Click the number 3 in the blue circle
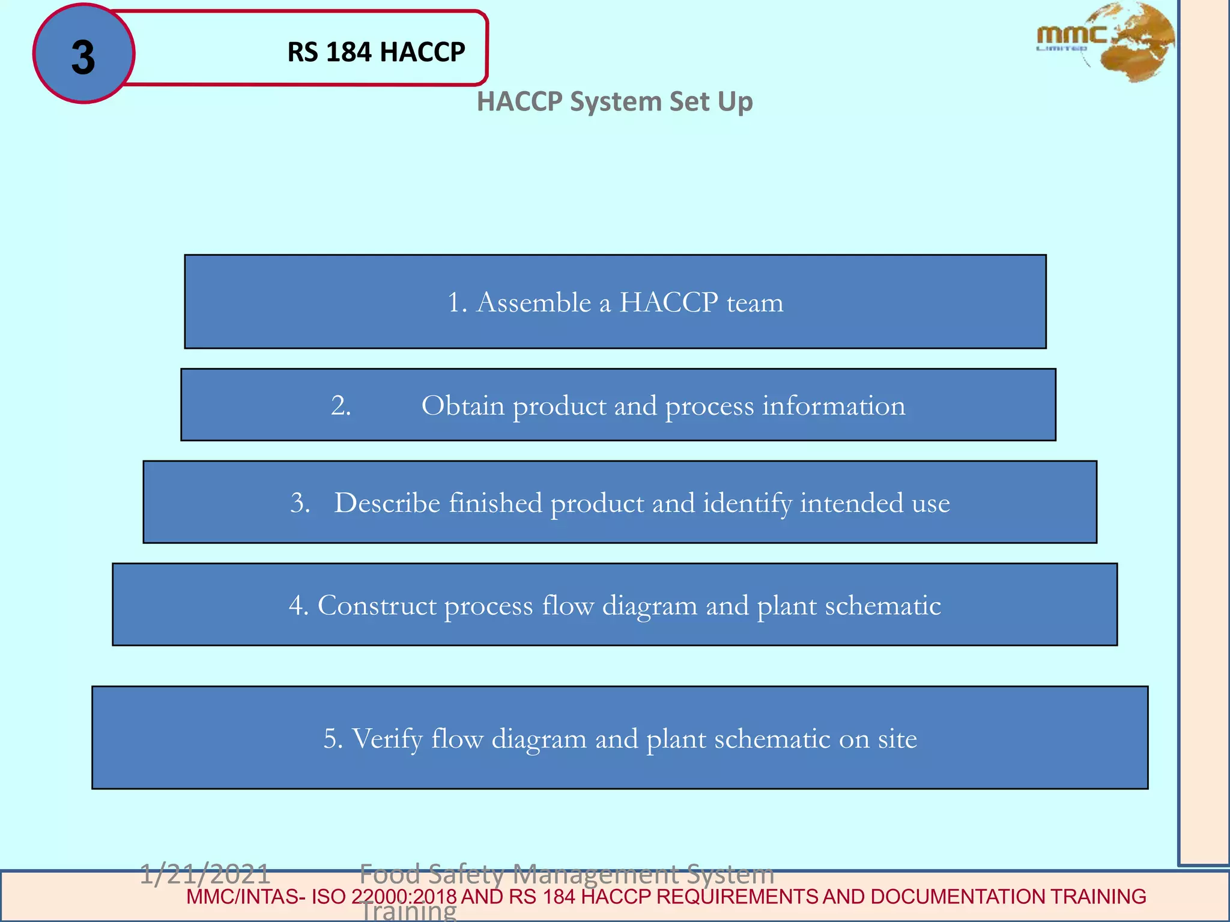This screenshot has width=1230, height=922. click(x=83, y=58)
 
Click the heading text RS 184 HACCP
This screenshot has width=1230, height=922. click(x=376, y=52)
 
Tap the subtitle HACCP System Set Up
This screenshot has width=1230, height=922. click(x=614, y=101)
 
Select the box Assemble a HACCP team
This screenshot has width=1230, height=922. click(x=615, y=301)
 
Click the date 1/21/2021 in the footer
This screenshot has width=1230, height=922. click(x=205, y=874)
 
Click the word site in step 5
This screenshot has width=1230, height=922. click(x=897, y=739)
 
